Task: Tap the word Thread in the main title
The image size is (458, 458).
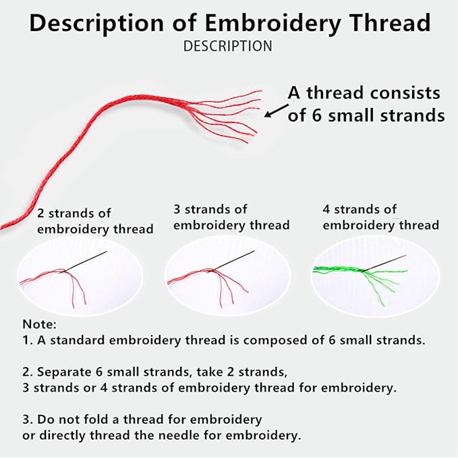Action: (x=390, y=22)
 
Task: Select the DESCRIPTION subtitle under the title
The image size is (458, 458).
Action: (x=227, y=46)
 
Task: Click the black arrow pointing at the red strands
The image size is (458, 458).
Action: (x=276, y=111)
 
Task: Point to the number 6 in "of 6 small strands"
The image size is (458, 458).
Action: (x=316, y=115)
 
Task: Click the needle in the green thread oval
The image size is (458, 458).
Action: (x=384, y=263)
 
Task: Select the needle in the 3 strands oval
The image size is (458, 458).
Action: (x=232, y=261)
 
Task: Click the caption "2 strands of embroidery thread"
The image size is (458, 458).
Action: (x=95, y=221)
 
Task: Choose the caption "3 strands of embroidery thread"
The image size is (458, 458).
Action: (x=231, y=217)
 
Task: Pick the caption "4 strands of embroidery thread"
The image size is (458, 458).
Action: (x=380, y=217)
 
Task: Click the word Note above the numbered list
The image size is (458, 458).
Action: (x=39, y=324)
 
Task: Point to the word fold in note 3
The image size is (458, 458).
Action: (x=94, y=419)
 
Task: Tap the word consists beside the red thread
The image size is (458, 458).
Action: (x=405, y=94)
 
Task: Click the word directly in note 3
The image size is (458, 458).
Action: (x=62, y=436)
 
